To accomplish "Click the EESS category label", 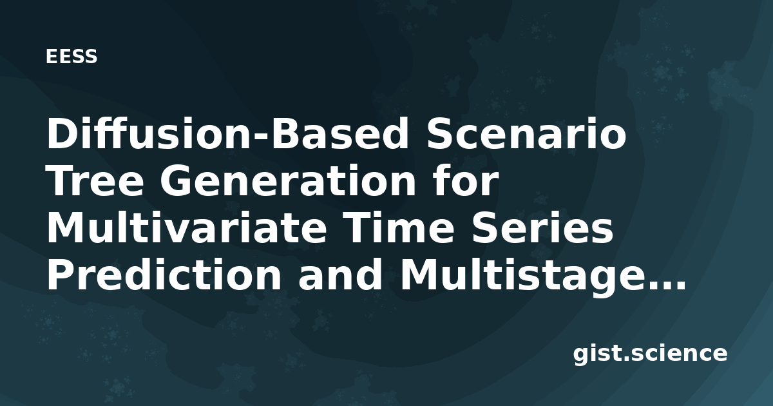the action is coord(72,57).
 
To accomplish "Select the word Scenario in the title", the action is coord(526,134).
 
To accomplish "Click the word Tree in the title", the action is coord(95,181).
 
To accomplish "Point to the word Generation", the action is coord(288,181).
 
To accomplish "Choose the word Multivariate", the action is coord(187,228).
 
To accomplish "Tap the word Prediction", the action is coord(164,275).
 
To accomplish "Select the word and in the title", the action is coord(340,275).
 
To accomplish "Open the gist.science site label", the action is coord(650,354).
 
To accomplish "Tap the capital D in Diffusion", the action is coord(64,134).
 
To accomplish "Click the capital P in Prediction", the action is coord(62,275).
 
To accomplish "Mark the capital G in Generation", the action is coord(177,181).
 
